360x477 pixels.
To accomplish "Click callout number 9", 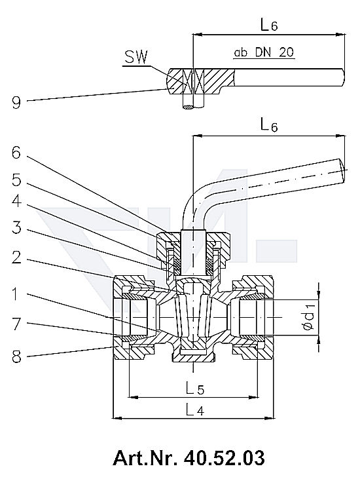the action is tap(16, 102).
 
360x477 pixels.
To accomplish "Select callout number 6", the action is tap(16, 153).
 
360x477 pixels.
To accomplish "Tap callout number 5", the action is tap(16, 180).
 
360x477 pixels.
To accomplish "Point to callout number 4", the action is tap(16, 201).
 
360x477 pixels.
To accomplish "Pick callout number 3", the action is tap(16, 227).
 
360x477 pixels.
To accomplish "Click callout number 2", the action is tap(16, 258).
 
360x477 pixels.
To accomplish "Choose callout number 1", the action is tap(15, 294).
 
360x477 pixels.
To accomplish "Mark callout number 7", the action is tap(16, 324).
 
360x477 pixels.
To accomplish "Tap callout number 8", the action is tap(16, 356).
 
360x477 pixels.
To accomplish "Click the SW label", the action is tap(135, 57).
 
